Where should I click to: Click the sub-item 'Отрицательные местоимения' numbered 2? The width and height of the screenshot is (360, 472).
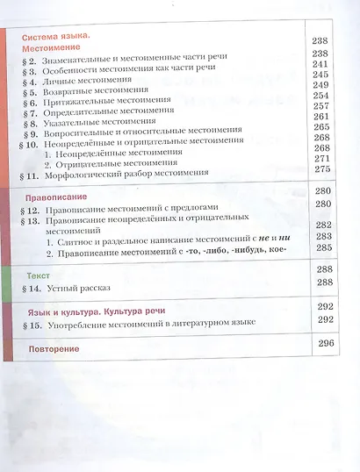124,162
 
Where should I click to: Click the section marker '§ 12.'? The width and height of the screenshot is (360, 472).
30,212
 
